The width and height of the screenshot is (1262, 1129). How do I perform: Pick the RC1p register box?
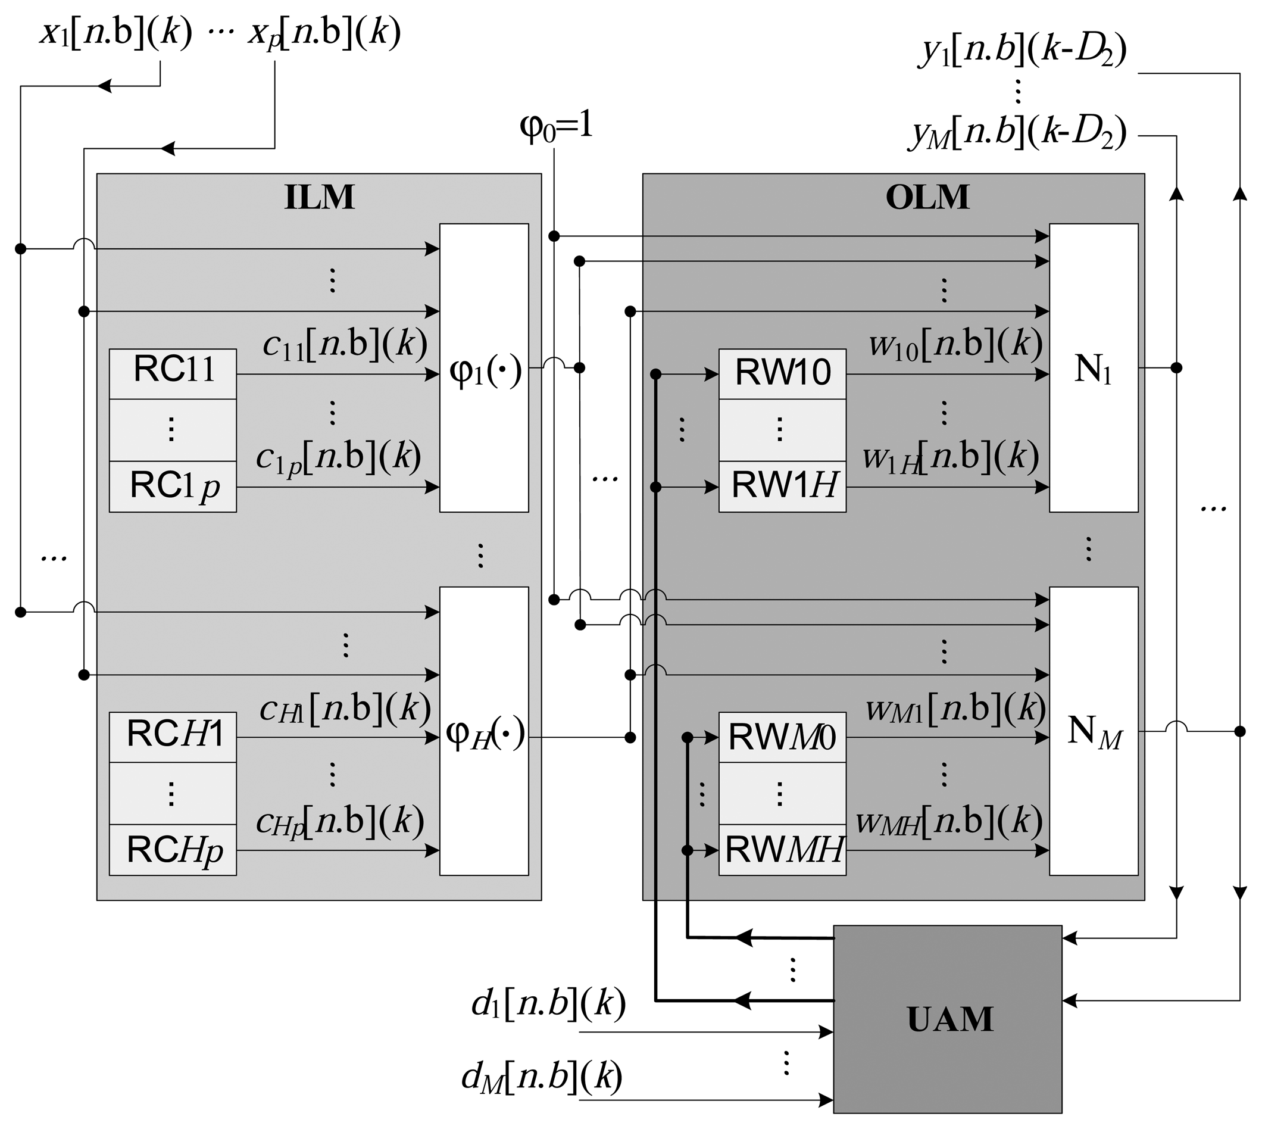[x=173, y=486]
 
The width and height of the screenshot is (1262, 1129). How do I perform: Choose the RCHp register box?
[x=173, y=850]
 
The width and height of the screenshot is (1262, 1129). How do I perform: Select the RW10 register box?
[x=782, y=373]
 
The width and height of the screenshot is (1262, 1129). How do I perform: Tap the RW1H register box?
[x=782, y=486]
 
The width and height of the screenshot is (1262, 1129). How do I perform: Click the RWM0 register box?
[x=782, y=737]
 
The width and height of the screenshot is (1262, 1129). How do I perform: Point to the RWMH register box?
[x=782, y=850]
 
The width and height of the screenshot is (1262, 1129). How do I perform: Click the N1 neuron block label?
[x=1092, y=370]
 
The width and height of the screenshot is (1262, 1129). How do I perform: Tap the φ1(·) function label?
[x=485, y=372]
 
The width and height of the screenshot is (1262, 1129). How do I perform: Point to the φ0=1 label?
[x=555, y=127]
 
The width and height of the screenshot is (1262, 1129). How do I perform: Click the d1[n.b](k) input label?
[x=548, y=1004]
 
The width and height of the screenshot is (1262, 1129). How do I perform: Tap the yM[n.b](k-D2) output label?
[x=1018, y=133]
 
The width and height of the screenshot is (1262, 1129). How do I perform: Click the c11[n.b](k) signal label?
[x=344, y=344]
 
